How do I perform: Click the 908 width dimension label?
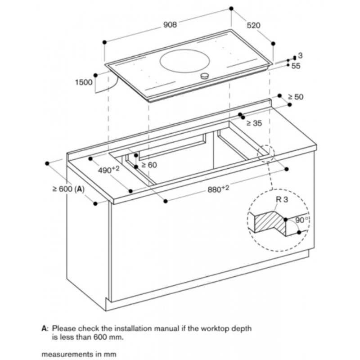click(x=170, y=25)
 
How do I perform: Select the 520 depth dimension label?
click(x=253, y=26)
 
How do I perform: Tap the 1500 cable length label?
click(x=84, y=82)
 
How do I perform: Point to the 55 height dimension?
click(x=296, y=66)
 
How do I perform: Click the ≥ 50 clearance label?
click(x=296, y=97)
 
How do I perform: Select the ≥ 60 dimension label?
click(x=149, y=165)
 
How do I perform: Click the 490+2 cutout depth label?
click(x=108, y=170)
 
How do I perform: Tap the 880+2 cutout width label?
click(x=218, y=189)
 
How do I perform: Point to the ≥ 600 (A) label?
click(x=68, y=189)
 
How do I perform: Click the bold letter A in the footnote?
click(x=44, y=329)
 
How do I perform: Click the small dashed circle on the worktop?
click(x=265, y=153)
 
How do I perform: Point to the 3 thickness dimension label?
click(x=300, y=55)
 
